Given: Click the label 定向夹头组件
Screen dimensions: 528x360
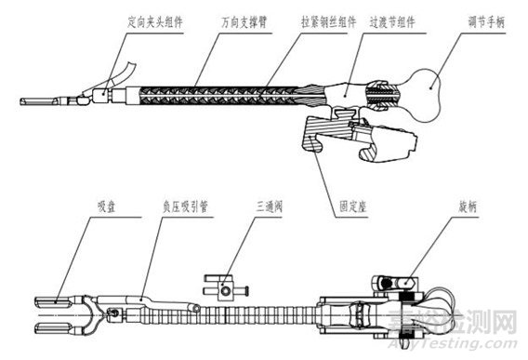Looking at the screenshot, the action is click(x=155, y=22).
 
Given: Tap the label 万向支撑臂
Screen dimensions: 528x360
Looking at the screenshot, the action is click(x=244, y=22).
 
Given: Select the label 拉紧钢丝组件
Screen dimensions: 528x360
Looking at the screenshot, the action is click(x=328, y=22).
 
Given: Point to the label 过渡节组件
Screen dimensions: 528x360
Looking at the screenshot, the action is click(x=392, y=22).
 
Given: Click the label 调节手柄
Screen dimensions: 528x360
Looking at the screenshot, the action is click(x=486, y=22).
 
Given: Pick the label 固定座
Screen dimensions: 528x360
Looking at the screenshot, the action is click(x=352, y=207).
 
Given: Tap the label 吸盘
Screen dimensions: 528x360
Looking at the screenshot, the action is click(x=107, y=207).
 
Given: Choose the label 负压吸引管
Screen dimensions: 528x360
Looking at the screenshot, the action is click(x=186, y=207).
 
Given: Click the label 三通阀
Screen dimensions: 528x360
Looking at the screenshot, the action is click(x=269, y=207).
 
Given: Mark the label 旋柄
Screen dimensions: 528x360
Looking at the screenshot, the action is click(x=468, y=207).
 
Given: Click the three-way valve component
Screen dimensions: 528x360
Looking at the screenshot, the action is click(x=226, y=287).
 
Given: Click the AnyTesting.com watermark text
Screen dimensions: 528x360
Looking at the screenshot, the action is click(x=452, y=344).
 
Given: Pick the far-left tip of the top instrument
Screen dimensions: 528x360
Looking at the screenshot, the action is click(x=20, y=101).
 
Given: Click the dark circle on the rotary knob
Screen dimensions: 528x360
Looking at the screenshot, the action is click(x=386, y=284).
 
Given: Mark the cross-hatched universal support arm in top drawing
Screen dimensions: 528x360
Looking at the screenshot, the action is click(x=218, y=95).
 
